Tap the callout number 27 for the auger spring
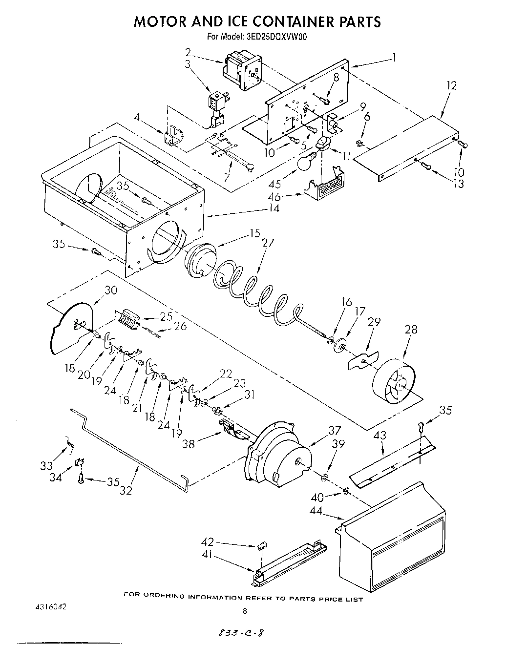pyautogui.click(x=268, y=243)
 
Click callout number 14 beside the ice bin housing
pyautogui.click(x=274, y=208)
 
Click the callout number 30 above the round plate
pyautogui.click(x=111, y=290)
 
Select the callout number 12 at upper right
pyautogui.click(x=451, y=85)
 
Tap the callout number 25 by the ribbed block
pyautogui.click(x=166, y=316)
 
